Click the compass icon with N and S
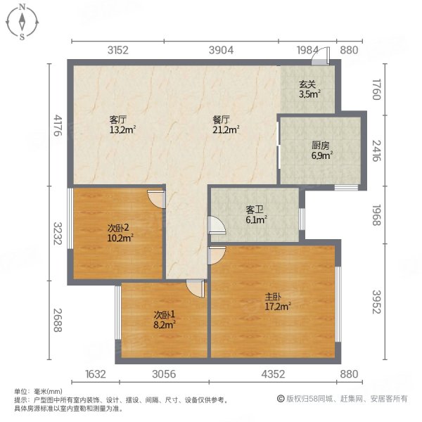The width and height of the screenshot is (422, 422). (23, 22)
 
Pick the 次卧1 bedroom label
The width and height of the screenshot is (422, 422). (164, 314)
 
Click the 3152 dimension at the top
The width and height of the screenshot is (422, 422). (118, 49)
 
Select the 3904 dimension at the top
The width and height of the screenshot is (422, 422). (222, 49)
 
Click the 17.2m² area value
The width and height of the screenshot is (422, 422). (279, 305)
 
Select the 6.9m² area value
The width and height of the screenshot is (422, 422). (322, 155)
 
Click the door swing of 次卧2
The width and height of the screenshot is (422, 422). (157, 199)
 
